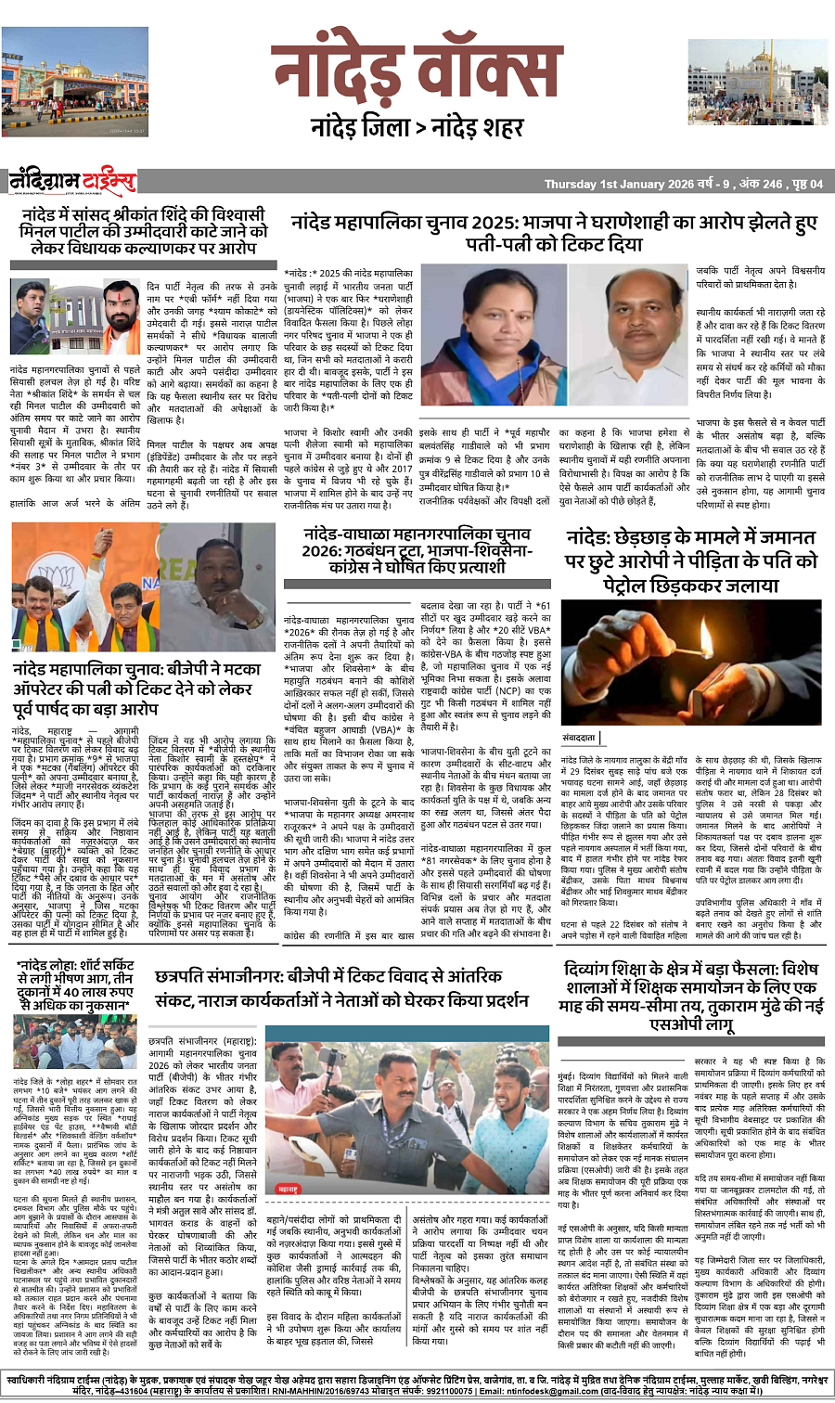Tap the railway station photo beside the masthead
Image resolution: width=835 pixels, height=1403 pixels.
coord(61,83)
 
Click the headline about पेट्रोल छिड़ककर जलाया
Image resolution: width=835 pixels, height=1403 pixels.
coord(691,561)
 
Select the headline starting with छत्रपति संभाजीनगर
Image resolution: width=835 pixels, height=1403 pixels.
coord(341,987)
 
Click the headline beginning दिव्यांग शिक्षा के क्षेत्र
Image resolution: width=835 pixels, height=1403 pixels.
coord(690,997)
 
